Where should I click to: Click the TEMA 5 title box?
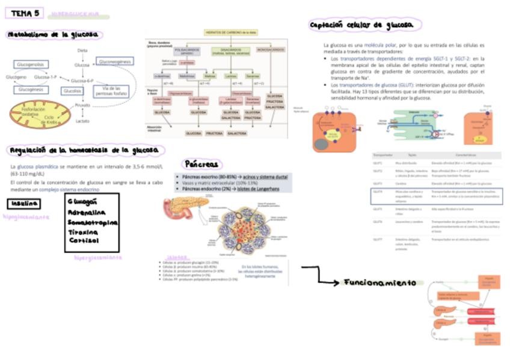[26, 13]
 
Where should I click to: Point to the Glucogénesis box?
[30, 89]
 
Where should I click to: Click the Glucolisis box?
[72, 91]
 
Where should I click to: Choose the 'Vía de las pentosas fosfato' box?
[111, 91]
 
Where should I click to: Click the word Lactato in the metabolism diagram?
[82, 121]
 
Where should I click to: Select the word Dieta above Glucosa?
[82, 50]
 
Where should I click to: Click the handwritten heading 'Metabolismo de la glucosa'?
[54, 35]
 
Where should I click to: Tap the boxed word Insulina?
[24, 204]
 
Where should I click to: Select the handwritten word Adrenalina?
[87, 212]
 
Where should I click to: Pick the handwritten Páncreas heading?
[201, 163]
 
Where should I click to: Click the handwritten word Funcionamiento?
[379, 282]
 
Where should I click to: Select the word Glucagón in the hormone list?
[83, 201]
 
